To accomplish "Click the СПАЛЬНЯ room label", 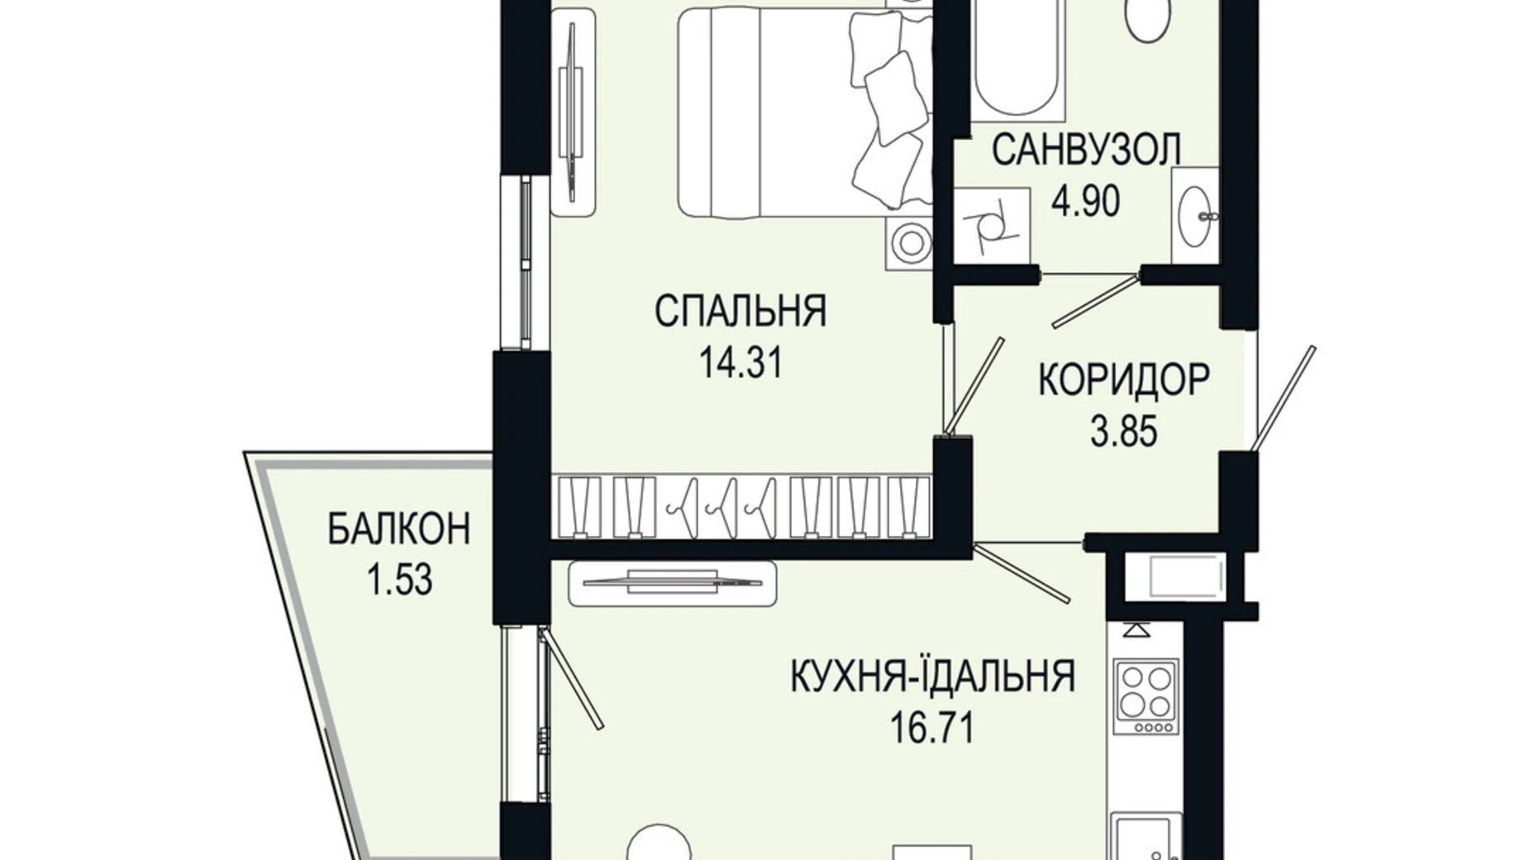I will [x=740, y=311].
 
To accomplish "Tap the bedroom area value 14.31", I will [x=741, y=362].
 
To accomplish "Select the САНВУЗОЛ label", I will [x=1085, y=150].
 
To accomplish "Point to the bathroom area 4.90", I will [x=1085, y=200].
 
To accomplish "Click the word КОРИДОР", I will [x=1123, y=380].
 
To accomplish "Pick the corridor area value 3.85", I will [x=1123, y=431].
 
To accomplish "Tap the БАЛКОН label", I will [x=399, y=529].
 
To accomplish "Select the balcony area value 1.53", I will [x=399, y=580].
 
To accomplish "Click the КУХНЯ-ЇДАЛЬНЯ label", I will [x=933, y=676].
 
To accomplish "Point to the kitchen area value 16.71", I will [x=932, y=729].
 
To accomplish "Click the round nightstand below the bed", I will [x=910, y=243].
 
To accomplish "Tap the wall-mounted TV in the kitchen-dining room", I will [x=672, y=582].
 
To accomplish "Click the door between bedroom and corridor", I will [x=974, y=385].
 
